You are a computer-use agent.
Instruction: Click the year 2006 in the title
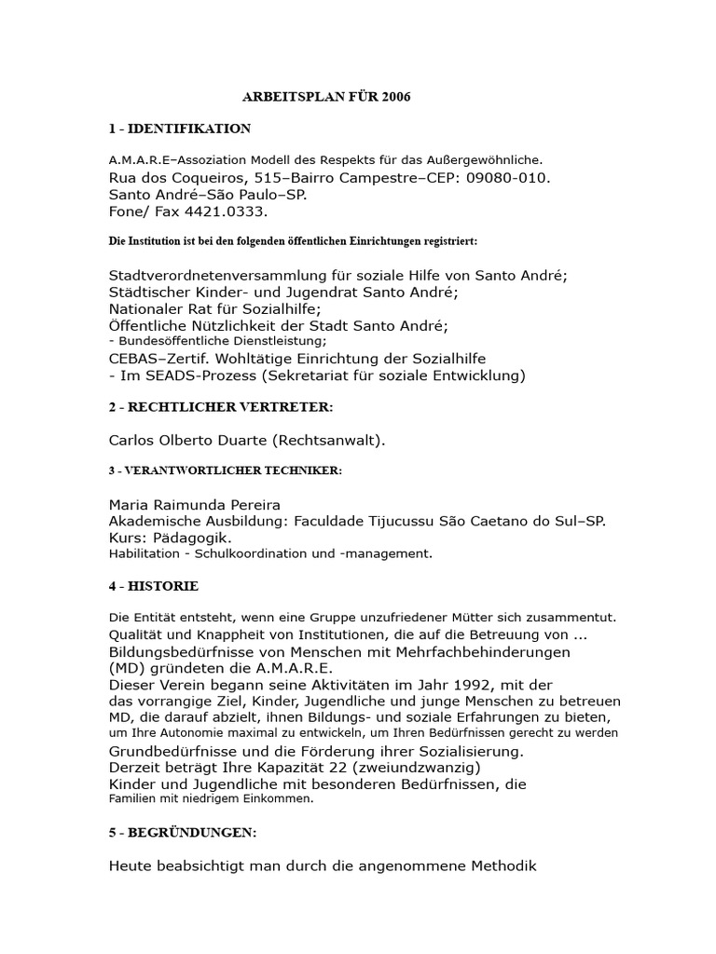click(395, 97)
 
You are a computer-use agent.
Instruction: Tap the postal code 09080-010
click(506, 178)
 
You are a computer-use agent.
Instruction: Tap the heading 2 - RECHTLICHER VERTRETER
click(220, 408)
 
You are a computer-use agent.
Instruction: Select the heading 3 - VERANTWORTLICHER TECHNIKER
click(226, 471)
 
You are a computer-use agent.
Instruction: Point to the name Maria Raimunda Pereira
click(195, 504)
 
